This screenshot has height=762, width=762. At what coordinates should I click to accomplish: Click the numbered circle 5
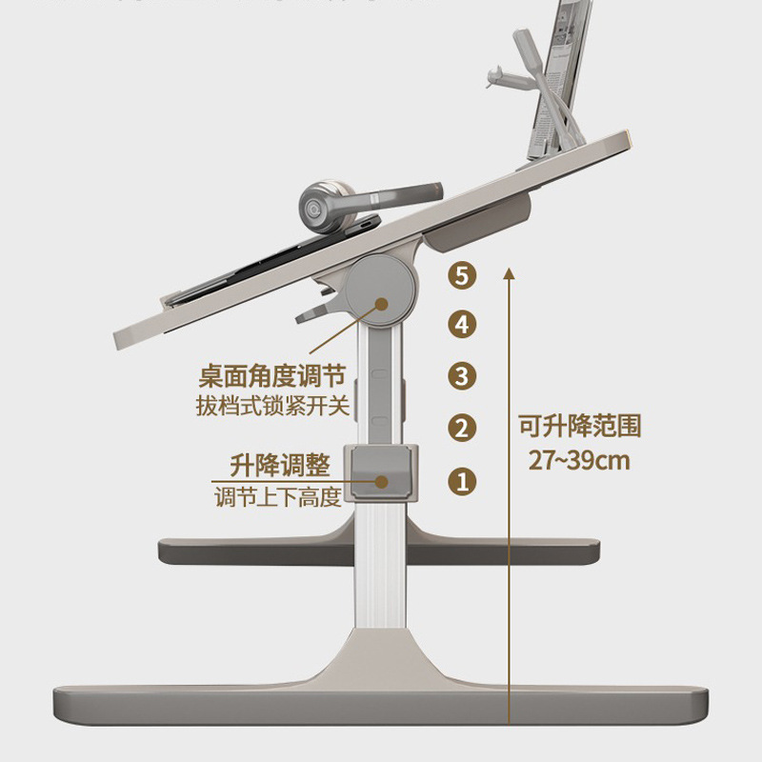pos(462,277)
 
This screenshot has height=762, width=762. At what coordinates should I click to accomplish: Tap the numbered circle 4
pos(462,325)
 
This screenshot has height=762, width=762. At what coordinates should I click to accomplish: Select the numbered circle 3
pos(462,375)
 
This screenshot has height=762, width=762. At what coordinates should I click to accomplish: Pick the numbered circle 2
pos(462,428)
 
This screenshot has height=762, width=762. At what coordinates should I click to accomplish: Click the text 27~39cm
pos(580,461)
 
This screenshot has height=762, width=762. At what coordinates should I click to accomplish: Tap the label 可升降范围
pos(580,425)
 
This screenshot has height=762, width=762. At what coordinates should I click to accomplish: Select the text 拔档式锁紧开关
pos(272,407)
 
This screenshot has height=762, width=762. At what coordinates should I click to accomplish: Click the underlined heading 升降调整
pos(280,466)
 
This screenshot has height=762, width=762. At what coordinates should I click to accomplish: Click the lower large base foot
pos(381,700)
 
